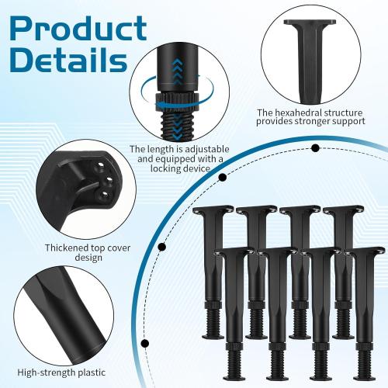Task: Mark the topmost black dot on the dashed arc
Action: click(x=316, y=147)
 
